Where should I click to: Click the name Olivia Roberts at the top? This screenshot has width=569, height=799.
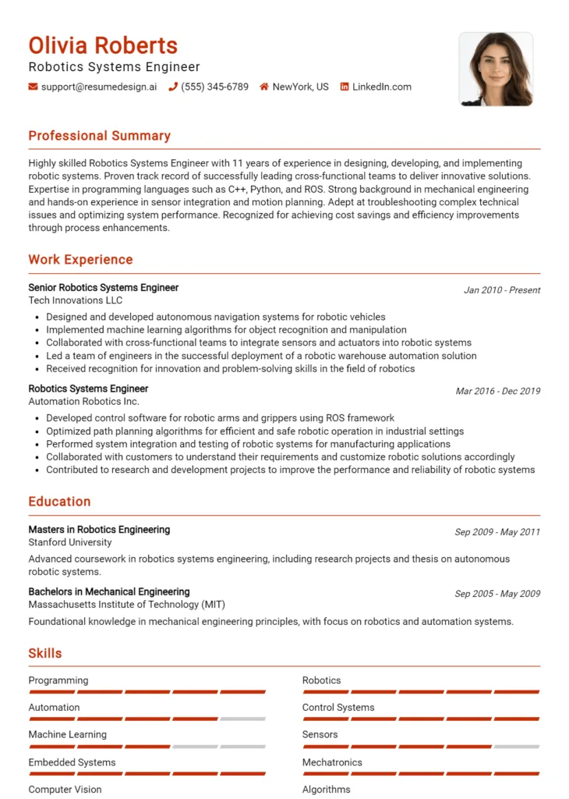(x=103, y=45)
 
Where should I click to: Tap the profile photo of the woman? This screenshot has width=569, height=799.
(x=496, y=69)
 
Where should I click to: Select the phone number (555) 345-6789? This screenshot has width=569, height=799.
(x=214, y=87)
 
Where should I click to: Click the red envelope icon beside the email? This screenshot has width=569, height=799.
(x=33, y=87)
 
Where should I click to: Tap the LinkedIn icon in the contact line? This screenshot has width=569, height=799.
(x=345, y=87)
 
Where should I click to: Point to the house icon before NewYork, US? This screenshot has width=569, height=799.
(x=264, y=87)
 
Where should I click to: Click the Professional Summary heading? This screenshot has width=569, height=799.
(x=99, y=136)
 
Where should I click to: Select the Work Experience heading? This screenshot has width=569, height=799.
(x=80, y=260)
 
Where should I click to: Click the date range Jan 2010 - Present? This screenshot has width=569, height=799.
(x=502, y=290)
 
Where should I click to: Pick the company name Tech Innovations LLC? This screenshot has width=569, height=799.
(x=75, y=300)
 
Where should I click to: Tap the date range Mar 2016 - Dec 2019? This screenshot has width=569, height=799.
(x=498, y=392)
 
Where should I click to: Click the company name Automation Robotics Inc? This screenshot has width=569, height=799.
(x=83, y=401)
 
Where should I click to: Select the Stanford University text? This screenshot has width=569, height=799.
(x=70, y=542)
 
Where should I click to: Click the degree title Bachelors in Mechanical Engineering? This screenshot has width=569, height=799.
(x=109, y=592)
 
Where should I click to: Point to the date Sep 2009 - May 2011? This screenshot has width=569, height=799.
(x=497, y=532)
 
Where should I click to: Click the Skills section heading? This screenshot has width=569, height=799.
(x=45, y=654)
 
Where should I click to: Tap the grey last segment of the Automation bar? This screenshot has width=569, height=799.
(x=242, y=719)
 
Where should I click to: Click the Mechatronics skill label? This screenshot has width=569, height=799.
(x=332, y=762)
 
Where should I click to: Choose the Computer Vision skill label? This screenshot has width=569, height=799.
(x=65, y=790)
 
